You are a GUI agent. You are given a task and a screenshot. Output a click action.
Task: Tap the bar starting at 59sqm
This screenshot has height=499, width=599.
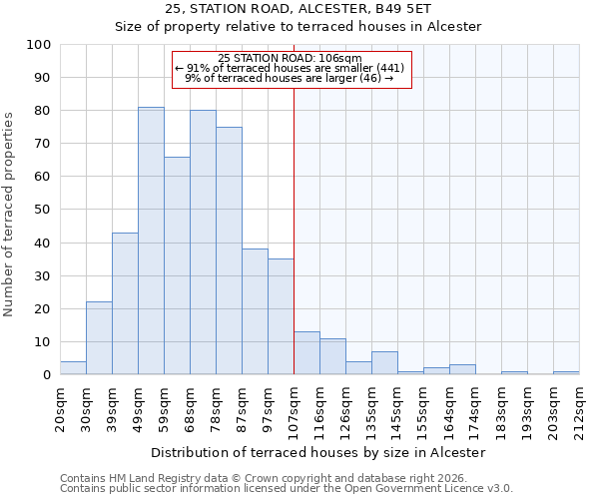[x=177, y=265]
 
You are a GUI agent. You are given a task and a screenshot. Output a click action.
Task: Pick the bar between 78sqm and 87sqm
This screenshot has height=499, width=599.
[x=229, y=250]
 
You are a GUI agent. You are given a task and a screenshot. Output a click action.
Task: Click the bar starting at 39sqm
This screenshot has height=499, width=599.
[x=125, y=303]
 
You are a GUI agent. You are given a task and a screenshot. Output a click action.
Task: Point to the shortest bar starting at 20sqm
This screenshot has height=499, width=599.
[x=73, y=368]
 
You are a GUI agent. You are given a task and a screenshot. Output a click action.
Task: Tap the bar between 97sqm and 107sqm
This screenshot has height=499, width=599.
[x=281, y=316]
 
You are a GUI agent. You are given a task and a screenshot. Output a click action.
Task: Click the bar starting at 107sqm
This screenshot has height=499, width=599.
[x=306, y=353]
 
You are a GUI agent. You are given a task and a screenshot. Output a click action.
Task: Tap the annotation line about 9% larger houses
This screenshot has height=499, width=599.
[x=290, y=78]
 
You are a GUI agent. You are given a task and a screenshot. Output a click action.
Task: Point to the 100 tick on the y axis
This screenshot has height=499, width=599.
[x=40, y=45]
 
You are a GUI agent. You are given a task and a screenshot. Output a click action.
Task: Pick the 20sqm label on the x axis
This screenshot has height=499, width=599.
[x=61, y=404]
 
